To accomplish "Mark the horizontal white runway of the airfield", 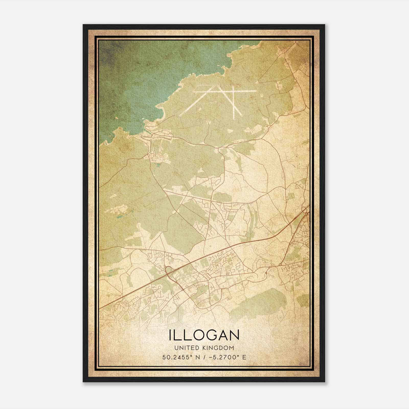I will [x=225, y=91].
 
